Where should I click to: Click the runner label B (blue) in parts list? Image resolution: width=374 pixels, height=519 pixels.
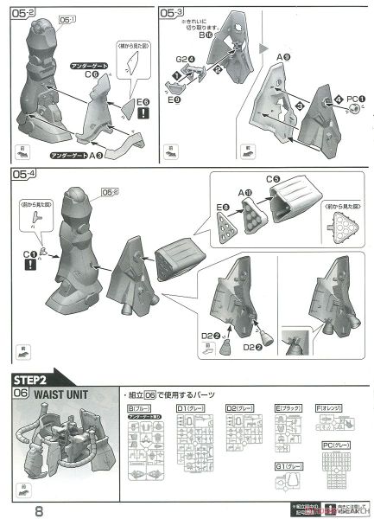138,406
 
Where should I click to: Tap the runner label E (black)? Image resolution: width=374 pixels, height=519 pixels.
288,406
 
